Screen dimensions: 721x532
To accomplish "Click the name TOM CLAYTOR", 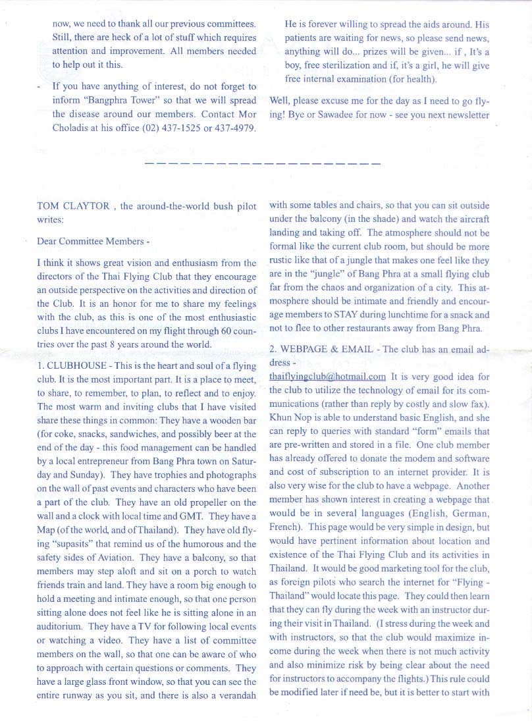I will (x=74, y=206).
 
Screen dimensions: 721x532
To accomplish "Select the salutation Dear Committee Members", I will (x=93, y=242).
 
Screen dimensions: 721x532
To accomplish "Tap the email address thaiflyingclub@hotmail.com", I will (x=327, y=377).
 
